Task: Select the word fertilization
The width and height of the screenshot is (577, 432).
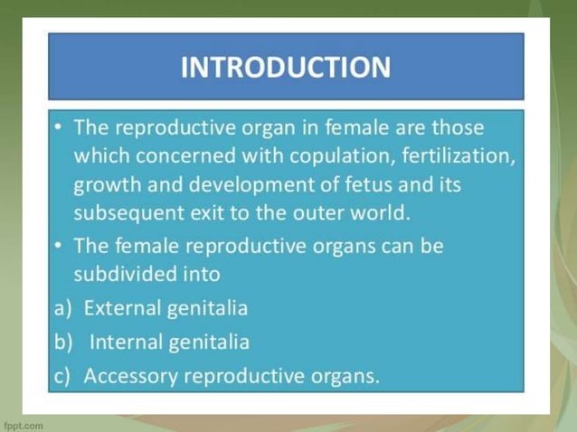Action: (x=462, y=155)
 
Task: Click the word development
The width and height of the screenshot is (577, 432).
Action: (x=226, y=184)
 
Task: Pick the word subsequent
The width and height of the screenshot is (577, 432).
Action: (x=125, y=214)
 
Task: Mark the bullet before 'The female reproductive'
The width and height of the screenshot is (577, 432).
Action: (x=58, y=245)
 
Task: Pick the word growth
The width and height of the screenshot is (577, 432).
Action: (x=104, y=185)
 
